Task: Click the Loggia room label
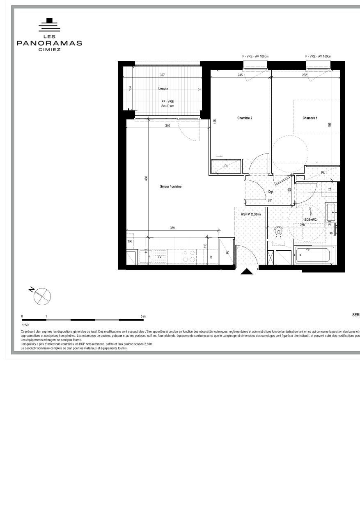pos(163,89)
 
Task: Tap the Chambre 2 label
pos(245,118)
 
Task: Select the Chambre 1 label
pos(310,118)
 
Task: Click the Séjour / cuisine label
pos(171,187)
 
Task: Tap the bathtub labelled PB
pos(314,255)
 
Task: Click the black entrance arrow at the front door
pos(247,271)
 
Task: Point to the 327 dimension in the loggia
pos(162,76)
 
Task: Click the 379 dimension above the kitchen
pos(172,228)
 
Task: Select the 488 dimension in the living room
pos(146,179)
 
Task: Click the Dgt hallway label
pos(271,192)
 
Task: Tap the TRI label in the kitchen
pos(130,242)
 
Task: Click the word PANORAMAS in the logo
pos(49,43)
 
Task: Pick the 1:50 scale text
pos(25,325)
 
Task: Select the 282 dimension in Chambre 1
pos(305,76)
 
